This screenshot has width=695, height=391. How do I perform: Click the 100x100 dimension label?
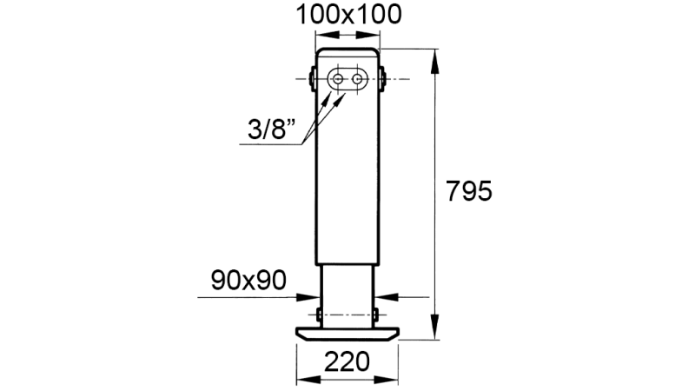[347, 14]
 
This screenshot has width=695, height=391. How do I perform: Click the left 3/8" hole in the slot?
[337, 79]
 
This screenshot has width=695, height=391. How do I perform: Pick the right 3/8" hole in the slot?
[357, 79]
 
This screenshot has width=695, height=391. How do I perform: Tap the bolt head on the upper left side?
[311, 78]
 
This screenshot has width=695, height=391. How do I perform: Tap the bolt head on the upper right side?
[383, 78]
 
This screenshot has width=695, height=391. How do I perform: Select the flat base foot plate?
[347, 333]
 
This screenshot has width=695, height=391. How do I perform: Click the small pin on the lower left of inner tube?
[320, 313]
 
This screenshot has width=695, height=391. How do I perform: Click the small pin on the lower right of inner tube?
[376, 313]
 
